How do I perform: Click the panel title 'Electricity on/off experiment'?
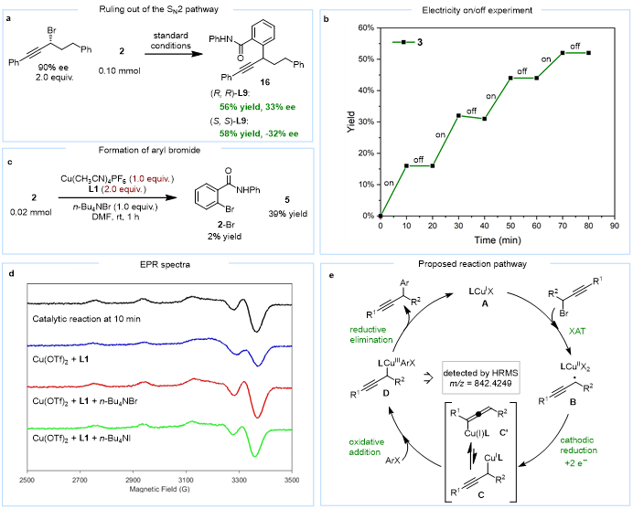(477, 10)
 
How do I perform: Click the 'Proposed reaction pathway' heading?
(472, 265)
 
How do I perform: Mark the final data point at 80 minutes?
(588, 53)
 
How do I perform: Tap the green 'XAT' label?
(577, 331)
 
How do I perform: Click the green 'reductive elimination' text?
(370, 334)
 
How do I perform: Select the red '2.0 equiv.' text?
(123, 189)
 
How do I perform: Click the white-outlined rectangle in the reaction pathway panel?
(482, 376)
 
